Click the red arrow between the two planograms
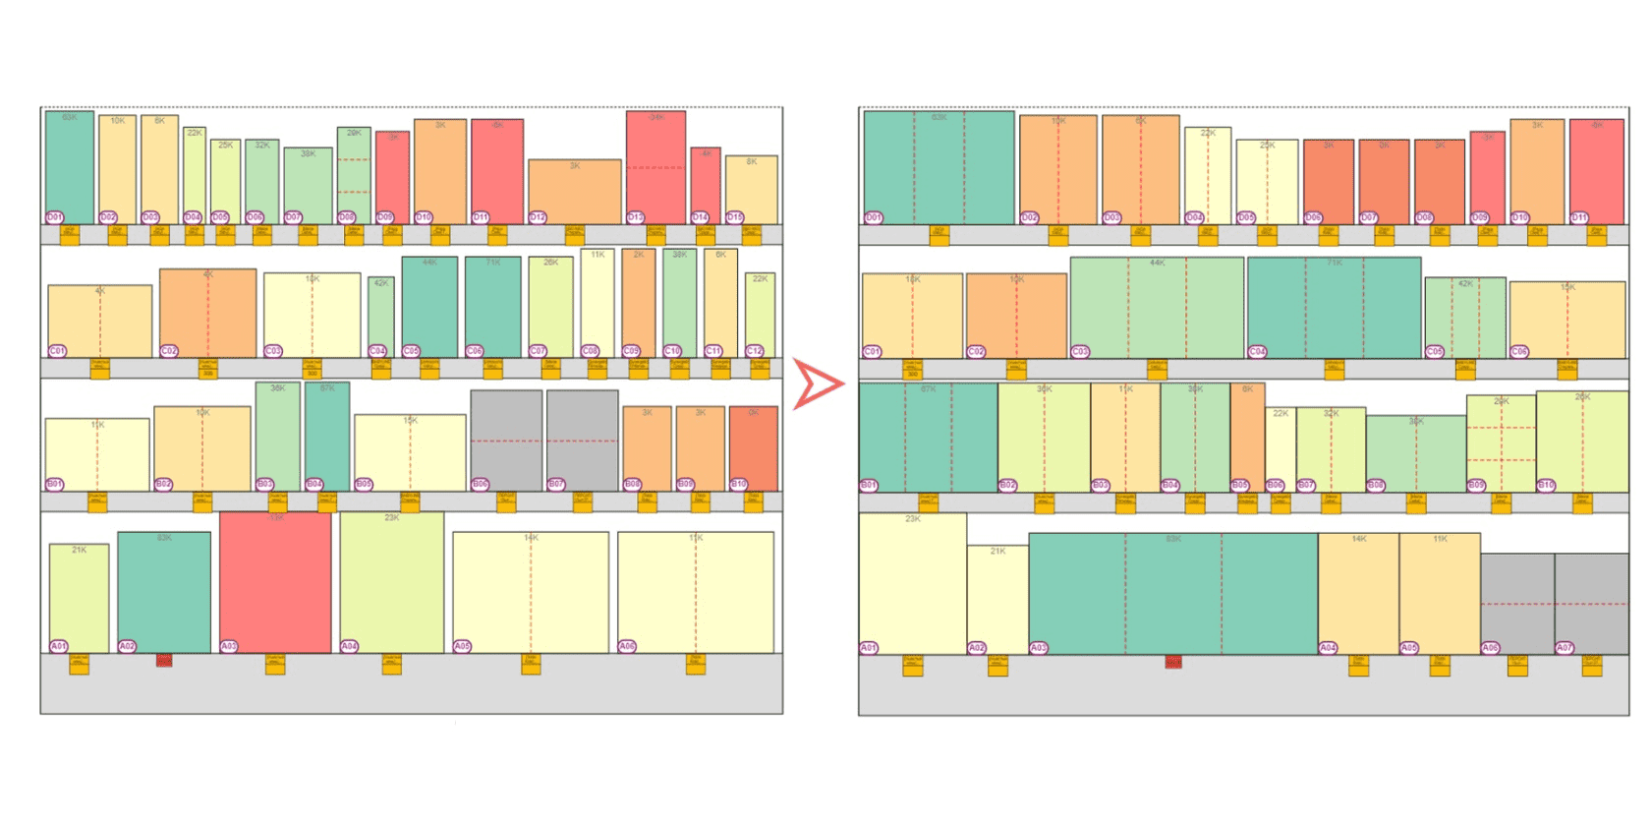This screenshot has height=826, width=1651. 817,384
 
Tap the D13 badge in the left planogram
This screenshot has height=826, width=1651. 636,217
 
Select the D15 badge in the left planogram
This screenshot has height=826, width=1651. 734,217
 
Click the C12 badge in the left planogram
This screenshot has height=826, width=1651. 754,351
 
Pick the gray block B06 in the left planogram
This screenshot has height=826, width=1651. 506,441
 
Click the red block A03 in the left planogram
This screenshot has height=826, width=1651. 275,582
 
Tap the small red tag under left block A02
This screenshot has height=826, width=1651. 164,661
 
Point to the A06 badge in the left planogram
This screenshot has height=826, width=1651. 627,646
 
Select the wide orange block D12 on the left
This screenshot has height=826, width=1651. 575,191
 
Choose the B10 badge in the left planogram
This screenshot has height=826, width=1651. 738,485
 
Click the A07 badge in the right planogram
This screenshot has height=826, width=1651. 1565,648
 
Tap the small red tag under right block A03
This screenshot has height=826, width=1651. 1172,662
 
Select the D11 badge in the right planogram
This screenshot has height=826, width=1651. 1579,217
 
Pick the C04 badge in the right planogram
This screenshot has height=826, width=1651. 1257,351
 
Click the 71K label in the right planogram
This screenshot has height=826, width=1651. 1334,263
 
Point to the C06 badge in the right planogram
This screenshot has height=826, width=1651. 1519,351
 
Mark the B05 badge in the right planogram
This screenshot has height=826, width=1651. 1240,485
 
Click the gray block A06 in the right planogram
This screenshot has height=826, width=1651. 1517,602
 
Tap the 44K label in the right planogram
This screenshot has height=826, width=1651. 1157,263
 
